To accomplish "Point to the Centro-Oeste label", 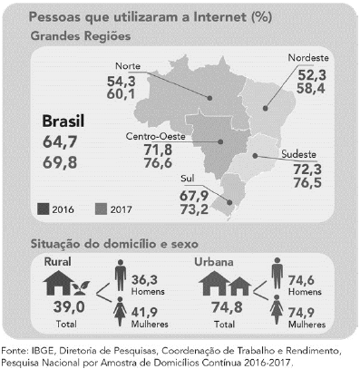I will point(151,136).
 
